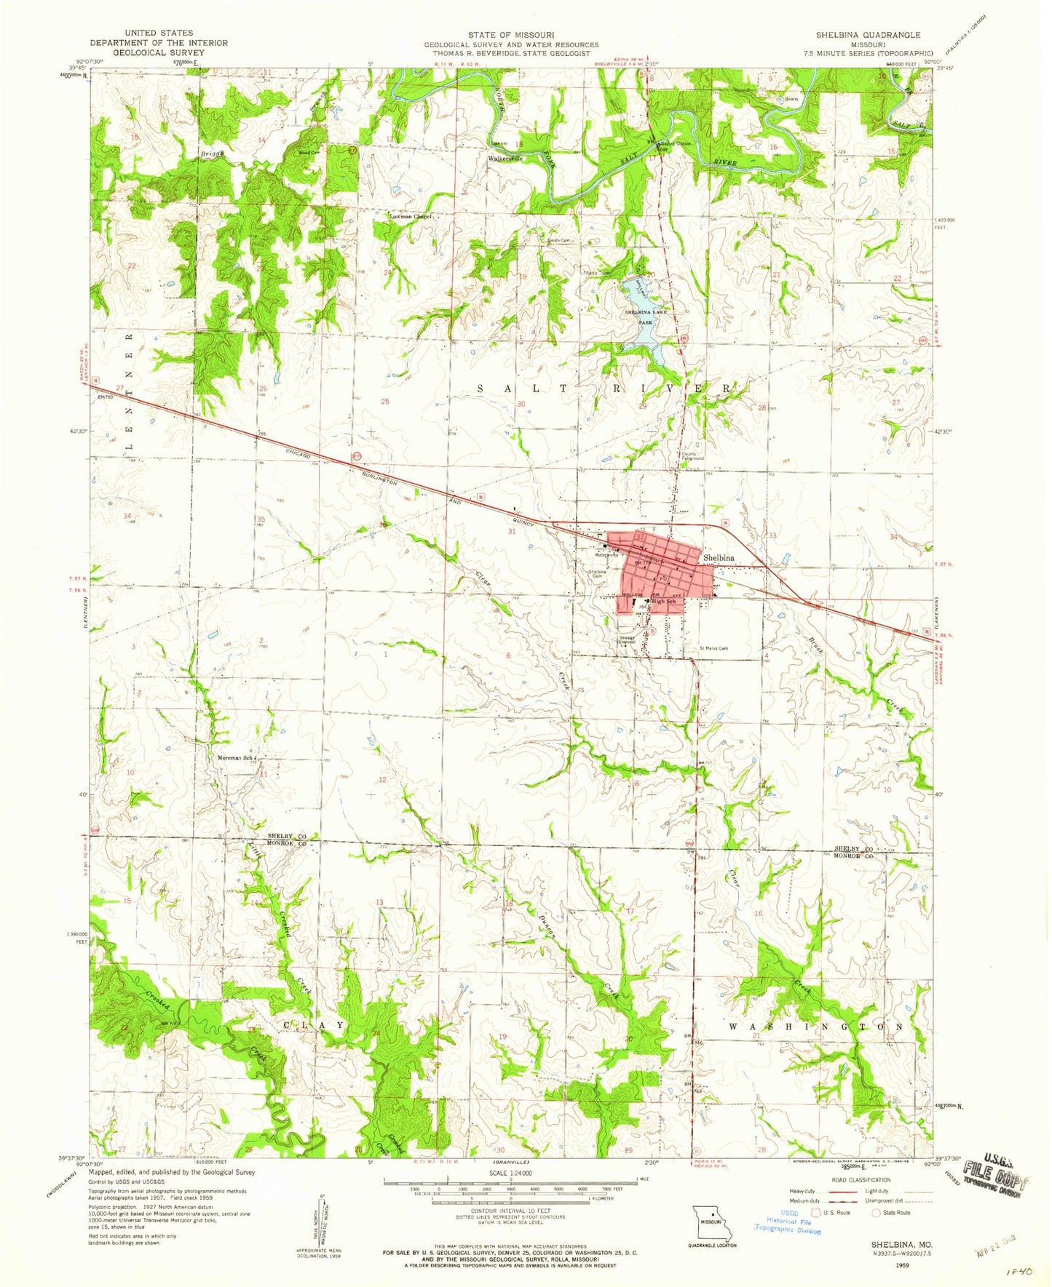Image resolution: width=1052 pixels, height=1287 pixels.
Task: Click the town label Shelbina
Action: (x=719, y=558)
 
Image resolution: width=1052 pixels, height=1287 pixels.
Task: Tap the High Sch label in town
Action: (x=663, y=602)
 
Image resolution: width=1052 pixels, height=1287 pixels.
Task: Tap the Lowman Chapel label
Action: (x=411, y=217)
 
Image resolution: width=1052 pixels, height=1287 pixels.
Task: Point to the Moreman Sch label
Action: (x=235, y=758)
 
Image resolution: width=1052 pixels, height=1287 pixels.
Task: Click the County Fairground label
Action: (x=692, y=457)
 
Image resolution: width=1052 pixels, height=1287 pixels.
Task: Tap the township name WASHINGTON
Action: (x=815, y=1027)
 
